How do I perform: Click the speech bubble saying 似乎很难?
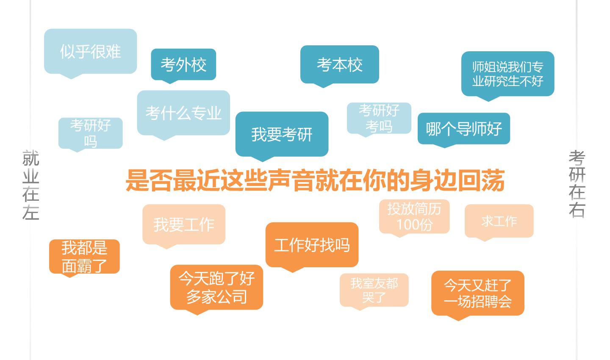90,52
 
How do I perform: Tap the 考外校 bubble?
183,65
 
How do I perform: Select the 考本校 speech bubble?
340,65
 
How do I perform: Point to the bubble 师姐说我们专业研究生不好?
507,74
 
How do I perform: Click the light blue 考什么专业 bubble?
183,113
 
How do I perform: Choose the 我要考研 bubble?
282,134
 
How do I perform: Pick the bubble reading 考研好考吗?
379,119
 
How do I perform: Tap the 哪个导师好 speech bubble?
464,129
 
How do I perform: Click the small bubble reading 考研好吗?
90,133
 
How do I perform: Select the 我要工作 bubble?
184,224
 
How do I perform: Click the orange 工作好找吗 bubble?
312,245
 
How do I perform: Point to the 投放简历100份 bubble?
414,217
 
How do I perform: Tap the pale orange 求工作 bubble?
499,221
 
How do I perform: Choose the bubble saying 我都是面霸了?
84,257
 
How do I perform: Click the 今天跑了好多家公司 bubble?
216,287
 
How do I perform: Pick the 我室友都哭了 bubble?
374,290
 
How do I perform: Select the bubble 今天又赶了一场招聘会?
478,293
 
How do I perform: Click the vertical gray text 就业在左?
31,185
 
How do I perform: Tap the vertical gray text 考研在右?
577,184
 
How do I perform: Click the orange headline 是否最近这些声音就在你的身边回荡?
315,180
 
